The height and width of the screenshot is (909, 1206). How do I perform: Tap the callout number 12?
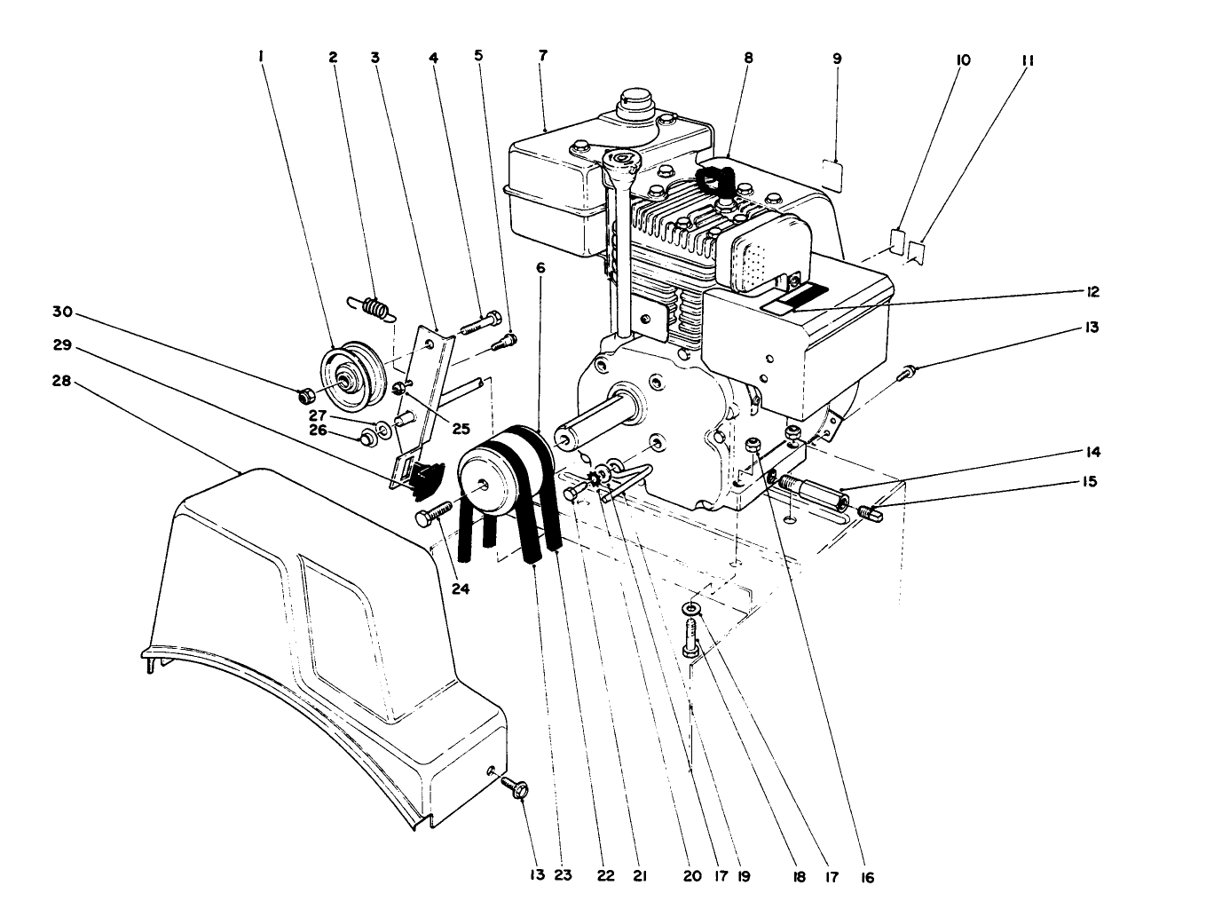point(1091,292)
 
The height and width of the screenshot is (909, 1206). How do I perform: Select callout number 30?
point(62,312)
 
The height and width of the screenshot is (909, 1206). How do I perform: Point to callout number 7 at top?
point(542,55)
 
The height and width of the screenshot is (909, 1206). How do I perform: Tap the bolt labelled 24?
point(432,512)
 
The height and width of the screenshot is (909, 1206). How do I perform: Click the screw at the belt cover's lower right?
point(514,785)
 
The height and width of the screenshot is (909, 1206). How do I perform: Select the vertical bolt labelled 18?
point(691,638)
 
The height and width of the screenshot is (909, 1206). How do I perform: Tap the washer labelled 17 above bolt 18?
point(690,608)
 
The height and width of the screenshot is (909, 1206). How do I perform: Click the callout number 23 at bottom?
point(562,875)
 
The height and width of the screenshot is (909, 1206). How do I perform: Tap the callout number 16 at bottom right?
point(866,877)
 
